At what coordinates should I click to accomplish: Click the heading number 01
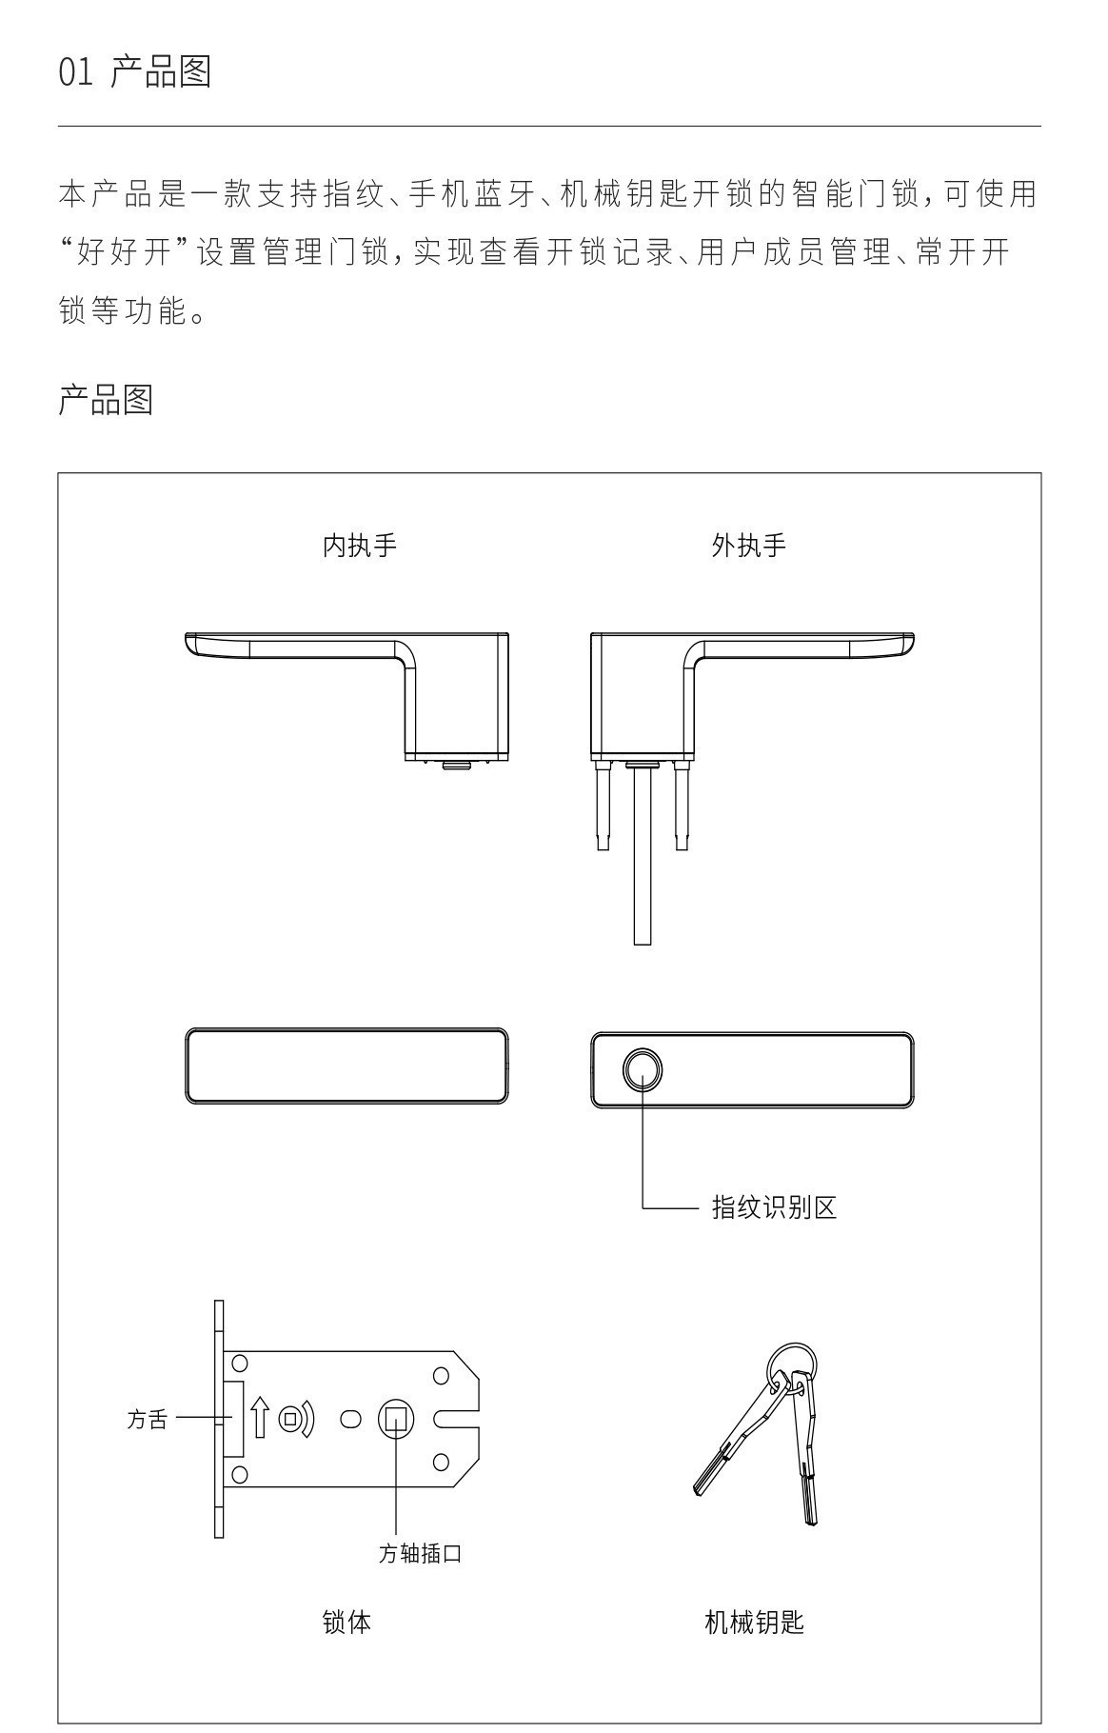(x=75, y=72)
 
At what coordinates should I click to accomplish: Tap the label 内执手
(x=359, y=546)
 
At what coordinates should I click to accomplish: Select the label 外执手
(x=748, y=546)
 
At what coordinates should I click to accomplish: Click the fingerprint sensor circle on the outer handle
(x=643, y=1068)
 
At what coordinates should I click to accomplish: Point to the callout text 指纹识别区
(x=774, y=1208)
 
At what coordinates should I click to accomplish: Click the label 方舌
(x=147, y=1420)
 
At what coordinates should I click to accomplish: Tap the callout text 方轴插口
(x=420, y=1553)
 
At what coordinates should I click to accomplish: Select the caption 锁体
(x=346, y=1623)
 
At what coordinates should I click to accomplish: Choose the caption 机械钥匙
(x=754, y=1623)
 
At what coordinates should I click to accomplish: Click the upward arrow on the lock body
(x=260, y=1418)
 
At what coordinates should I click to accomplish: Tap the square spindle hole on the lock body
(x=396, y=1419)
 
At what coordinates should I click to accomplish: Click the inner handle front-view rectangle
(x=346, y=1066)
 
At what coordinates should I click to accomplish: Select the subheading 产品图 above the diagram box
(x=106, y=400)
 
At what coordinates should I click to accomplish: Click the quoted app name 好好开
(x=129, y=253)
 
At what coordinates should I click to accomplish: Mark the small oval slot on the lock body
(x=350, y=1419)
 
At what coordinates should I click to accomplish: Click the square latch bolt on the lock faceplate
(x=233, y=1419)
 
